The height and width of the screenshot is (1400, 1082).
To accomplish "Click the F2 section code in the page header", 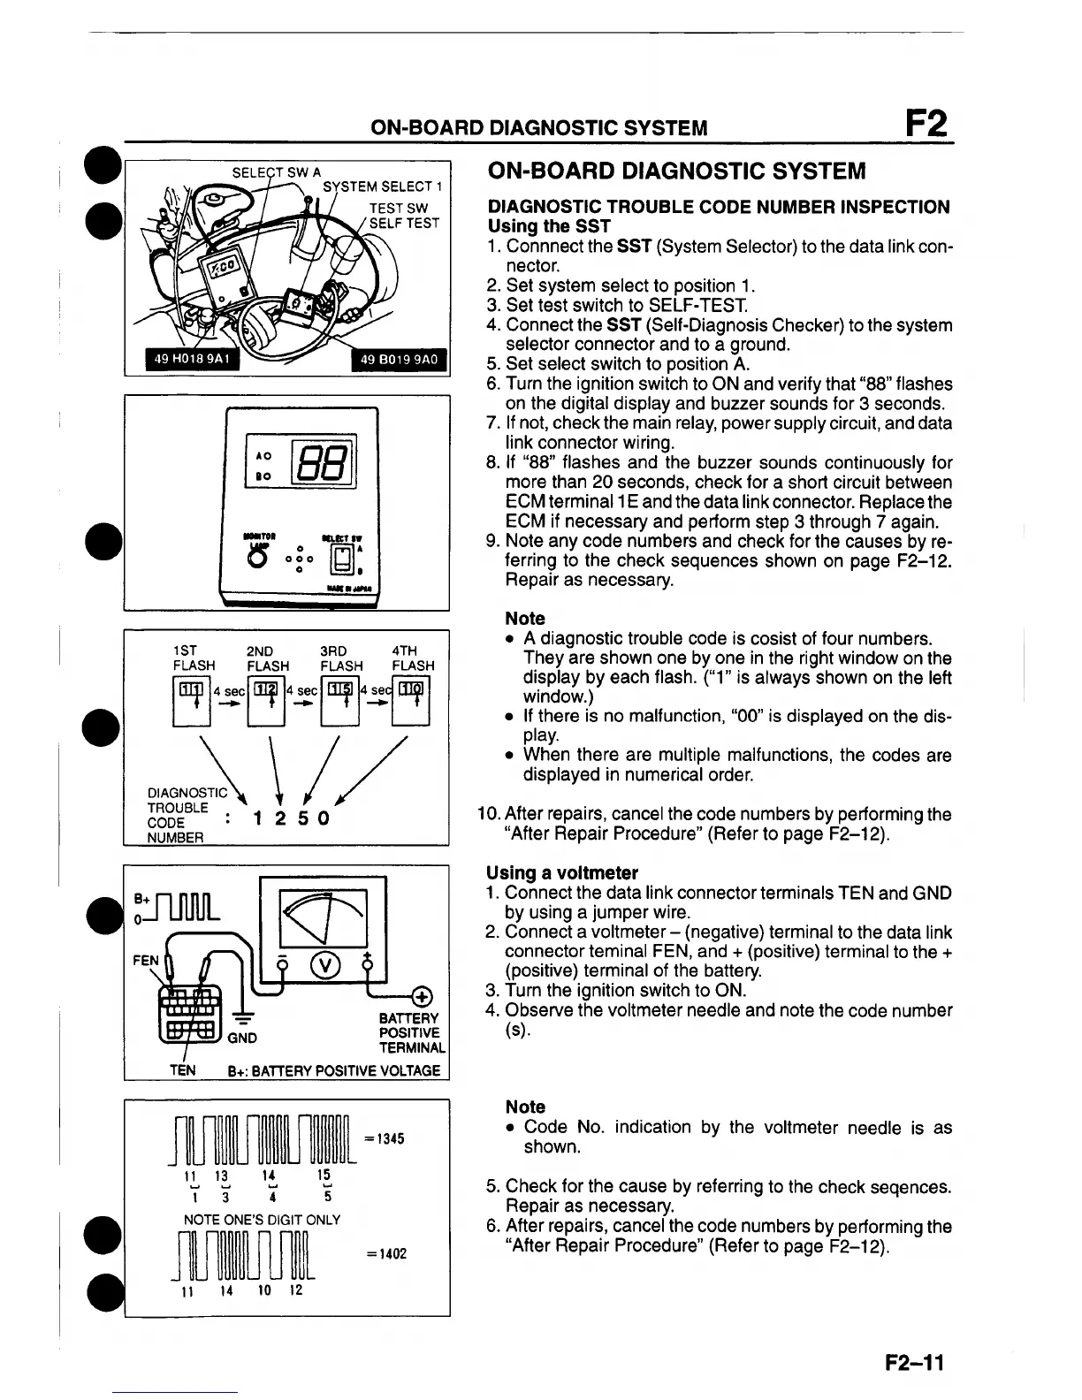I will [x=925, y=124].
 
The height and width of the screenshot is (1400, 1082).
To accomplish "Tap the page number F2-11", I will [x=915, y=1363].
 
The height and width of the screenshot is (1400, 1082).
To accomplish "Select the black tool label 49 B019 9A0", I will [x=400, y=359].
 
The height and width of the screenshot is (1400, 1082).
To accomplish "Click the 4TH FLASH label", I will [x=413, y=658].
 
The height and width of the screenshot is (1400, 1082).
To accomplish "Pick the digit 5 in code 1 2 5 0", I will [x=301, y=818].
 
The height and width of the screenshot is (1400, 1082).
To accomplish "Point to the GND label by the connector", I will [x=242, y=1038].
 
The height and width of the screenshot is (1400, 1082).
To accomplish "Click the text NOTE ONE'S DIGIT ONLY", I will [x=262, y=1220].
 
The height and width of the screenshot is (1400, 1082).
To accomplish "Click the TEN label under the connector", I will [x=183, y=1070].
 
